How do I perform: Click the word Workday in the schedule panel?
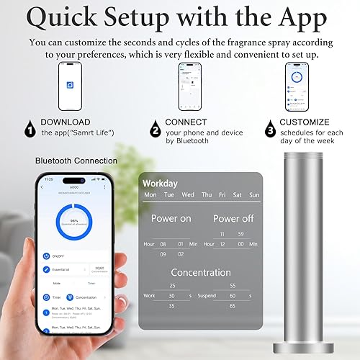pyautogui.click(x=160, y=184)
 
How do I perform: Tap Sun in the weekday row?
pyautogui.click(x=254, y=194)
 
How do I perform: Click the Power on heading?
pyautogui.click(x=171, y=218)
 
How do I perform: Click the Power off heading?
pyautogui.click(x=233, y=218)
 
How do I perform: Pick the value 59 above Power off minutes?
pyautogui.click(x=240, y=234)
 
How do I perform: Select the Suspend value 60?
pyautogui.click(x=233, y=295)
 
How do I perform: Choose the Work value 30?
pyautogui.click(x=171, y=295)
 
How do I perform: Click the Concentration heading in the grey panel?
pyautogui.click(x=201, y=272)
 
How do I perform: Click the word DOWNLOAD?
pyautogui.click(x=65, y=122)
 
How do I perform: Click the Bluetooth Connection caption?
pyautogui.click(x=75, y=161)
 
